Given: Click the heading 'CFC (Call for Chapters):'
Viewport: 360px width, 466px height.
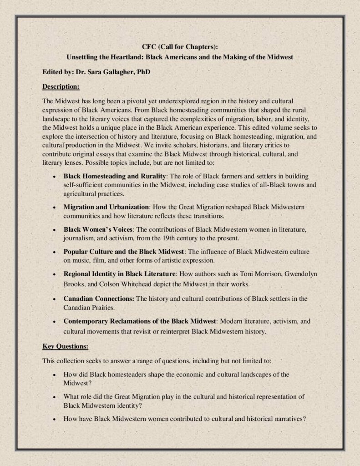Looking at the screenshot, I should (180, 46).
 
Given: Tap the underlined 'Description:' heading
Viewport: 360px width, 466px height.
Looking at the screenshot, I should (61, 86).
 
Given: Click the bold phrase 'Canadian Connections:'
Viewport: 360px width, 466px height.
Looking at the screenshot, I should (99, 299).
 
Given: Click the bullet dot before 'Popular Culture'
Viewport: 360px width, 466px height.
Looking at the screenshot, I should (55, 252).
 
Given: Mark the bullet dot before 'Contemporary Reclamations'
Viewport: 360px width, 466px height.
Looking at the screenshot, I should (55, 321).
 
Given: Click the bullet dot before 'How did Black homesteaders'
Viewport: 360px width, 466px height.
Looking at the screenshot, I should (55, 375).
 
